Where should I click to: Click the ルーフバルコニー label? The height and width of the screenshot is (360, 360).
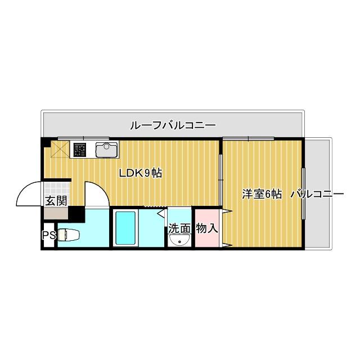tap(173, 125)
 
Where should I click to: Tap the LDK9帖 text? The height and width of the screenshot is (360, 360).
tap(140, 173)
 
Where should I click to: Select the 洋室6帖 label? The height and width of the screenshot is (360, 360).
tap(262, 194)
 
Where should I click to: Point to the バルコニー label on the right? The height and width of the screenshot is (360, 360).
tap(317, 194)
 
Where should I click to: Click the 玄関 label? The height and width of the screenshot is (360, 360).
tap(56, 200)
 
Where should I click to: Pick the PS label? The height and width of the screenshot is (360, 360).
tap(48, 235)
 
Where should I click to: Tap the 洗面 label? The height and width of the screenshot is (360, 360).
tap(179, 228)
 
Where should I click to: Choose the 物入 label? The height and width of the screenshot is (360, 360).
tap(206, 228)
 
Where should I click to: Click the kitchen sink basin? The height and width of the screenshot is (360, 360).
tap(106, 150)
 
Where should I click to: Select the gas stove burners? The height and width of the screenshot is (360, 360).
tap(79, 150)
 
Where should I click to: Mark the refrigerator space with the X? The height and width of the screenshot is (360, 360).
tap(59, 150)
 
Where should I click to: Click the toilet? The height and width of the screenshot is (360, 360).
tap(70, 235)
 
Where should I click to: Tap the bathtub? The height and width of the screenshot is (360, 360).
tap(126, 228)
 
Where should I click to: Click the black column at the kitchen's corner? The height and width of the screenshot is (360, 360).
tap(46, 142)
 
